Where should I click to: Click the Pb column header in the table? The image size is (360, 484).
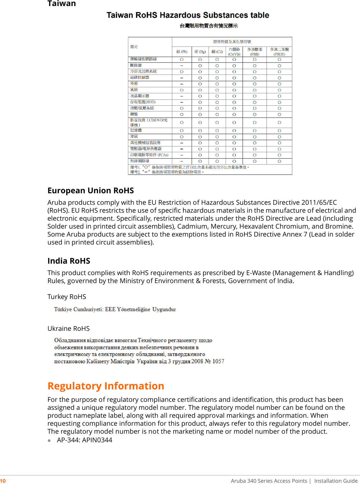(182, 52)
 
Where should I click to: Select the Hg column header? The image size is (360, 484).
(200, 52)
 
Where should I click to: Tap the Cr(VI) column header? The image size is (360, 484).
(234, 52)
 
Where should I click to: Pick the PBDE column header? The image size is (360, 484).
(279, 52)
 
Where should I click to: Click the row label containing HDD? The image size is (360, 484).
(143, 102)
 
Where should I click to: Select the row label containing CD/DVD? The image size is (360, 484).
(149, 122)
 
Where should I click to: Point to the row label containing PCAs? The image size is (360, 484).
(149, 155)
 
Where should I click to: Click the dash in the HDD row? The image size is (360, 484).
(182, 103)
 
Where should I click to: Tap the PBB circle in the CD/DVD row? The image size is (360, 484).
(255, 123)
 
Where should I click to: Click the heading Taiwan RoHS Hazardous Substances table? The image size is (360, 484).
(188, 15)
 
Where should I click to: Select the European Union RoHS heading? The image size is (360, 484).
(91, 190)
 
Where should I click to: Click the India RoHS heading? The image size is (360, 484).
(69, 261)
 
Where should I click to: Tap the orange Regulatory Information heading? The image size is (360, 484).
(106, 386)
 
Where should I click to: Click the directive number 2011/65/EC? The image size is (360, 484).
(319, 203)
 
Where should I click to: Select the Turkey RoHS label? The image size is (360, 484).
(67, 297)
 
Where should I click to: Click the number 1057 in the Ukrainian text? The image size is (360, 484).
(218, 361)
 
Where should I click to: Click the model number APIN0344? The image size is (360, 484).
(97, 440)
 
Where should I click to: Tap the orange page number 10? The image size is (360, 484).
(3, 481)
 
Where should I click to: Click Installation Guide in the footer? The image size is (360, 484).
(336, 481)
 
